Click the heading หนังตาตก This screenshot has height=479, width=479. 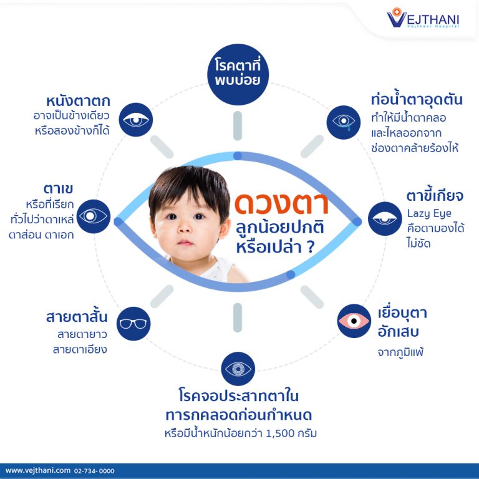coord(78,101)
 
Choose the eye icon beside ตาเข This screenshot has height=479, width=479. coord(94,216)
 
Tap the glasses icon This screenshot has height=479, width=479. coord(133,323)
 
